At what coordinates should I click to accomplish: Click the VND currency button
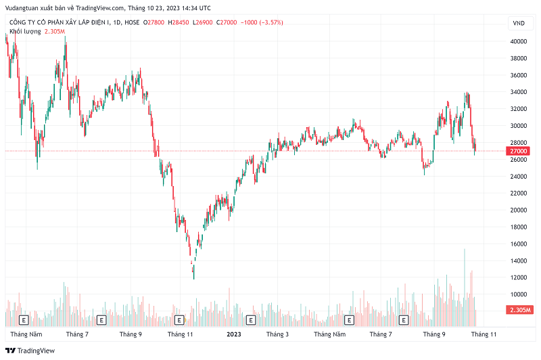click(x=519, y=23)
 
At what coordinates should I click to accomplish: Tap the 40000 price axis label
click(x=519, y=41)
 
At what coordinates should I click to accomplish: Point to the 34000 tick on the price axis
click(x=519, y=92)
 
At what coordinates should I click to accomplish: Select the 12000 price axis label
click(x=519, y=277)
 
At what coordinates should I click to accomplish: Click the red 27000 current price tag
click(x=519, y=151)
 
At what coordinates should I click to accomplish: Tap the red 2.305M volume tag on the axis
click(x=519, y=310)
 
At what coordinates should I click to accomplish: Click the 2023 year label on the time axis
click(x=234, y=334)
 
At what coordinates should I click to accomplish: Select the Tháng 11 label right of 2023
click(x=484, y=334)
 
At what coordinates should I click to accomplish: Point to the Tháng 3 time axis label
click(x=277, y=334)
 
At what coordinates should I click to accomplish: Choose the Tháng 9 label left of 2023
click(x=130, y=334)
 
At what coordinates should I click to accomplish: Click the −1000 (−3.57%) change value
click(x=258, y=23)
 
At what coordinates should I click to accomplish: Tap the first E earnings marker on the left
click(x=24, y=319)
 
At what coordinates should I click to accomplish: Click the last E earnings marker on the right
click(x=404, y=319)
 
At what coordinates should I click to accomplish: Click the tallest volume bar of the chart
click(x=465, y=284)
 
